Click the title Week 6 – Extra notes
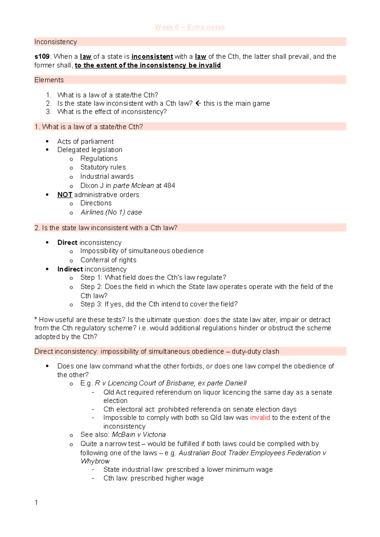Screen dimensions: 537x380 pyautogui.click(x=190, y=27)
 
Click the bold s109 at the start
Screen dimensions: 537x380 pyautogui.click(x=41, y=57)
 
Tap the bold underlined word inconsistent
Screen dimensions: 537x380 pyautogui.click(x=152, y=57)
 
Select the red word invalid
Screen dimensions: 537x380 pyautogui.click(x=260, y=417)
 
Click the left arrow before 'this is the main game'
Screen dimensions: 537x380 pyautogui.click(x=198, y=103)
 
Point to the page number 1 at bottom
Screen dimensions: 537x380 pyautogui.click(x=36, y=503)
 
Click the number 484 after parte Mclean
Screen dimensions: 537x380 pyautogui.click(x=169, y=186)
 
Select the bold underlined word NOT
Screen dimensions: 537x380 pyautogui.click(x=65, y=195)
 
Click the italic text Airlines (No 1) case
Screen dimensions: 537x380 pyautogui.click(x=111, y=212)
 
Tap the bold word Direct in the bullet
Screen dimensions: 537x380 pyautogui.click(x=67, y=243)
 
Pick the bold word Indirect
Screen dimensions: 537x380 pyautogui.click(x=70, y=269)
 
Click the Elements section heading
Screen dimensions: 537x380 pyautogui.click(x=49, y=80)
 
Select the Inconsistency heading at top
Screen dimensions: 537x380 pyautogui.click(x=55, y=42)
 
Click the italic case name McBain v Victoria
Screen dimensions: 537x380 pyautogui.click(x=139, y=435)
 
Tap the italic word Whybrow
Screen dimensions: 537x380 pyautogui.click(x=95, y=461)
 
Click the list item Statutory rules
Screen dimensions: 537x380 pyautogui.click(x=103, y=167)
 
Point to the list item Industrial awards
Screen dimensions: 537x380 pyautogui.click(x=107, y=176)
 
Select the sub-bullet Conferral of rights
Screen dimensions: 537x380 pyautogui.click(x=108, y=260)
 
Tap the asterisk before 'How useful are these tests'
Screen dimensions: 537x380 pyautogui.click(x=36, y=319)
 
